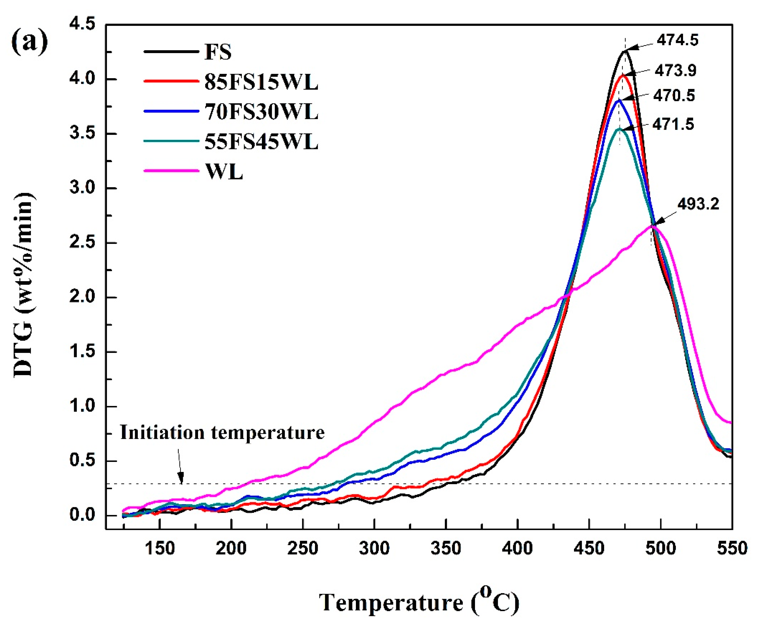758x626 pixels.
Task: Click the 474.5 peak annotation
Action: [x=677, y=40]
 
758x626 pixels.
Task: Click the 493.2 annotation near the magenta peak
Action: [x=698, y=204]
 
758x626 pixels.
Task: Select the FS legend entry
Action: [x=218, y=52]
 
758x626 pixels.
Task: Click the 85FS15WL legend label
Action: [x=261, y=83]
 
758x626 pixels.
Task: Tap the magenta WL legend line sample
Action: [x=171, y=171]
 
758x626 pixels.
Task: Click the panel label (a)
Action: [x=30, y=41]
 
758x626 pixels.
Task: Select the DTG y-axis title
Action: [x=24, y=285]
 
